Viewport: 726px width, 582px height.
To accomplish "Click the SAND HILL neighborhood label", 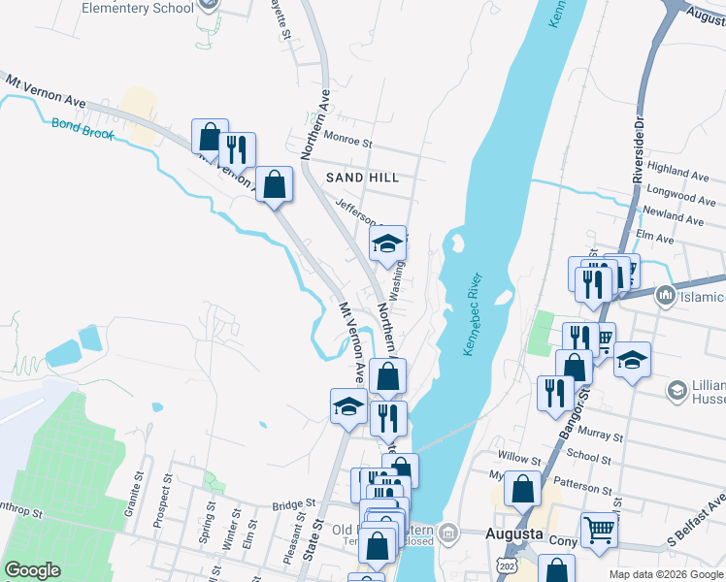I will [362, 178].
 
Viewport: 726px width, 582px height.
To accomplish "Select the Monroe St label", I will [348, 142].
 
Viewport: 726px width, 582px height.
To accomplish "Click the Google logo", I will [33, 569].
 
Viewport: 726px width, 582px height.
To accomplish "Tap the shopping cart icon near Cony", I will [600, 531].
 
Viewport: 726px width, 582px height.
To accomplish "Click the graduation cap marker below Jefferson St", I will [387, 245].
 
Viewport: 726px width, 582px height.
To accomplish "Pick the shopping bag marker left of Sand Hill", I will [276, 184].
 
